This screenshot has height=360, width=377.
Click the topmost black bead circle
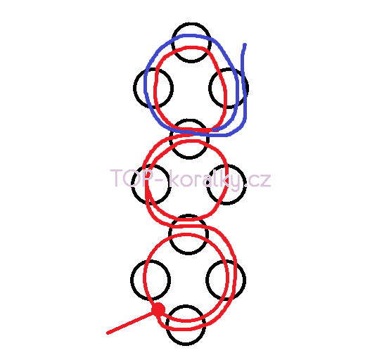tap(191, 24)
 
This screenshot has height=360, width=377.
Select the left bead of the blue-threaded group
tap(134, 88)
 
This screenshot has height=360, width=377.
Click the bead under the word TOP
tap(132, 184)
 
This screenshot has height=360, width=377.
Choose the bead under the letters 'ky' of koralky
tap(245, 184)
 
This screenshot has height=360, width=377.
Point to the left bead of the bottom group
tap(131, 280)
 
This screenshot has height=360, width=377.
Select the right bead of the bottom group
tap(245, 280)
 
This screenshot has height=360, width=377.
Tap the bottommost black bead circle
tap(186, 345)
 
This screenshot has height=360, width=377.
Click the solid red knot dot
tap(158, 309)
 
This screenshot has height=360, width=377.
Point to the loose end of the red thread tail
tap(108, 333)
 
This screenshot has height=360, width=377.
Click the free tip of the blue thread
tap(245, 44)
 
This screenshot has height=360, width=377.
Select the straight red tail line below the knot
tap(131, 322)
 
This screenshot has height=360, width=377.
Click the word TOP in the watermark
tap(132, 178)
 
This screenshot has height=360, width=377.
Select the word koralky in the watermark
tap(205, 180)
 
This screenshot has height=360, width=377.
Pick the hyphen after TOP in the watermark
tap(160, 180)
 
